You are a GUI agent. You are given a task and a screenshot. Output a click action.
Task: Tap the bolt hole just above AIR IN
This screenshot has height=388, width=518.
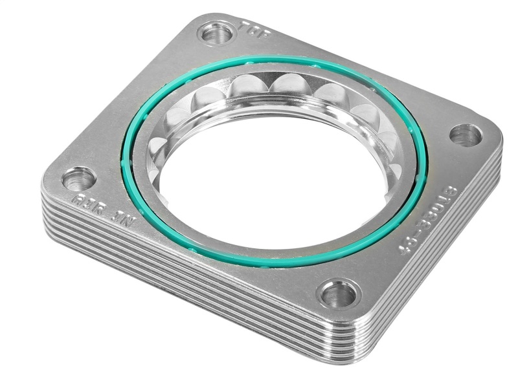tap(79, 178)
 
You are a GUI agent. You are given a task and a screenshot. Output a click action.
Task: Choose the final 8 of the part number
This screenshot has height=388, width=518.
tap(451, 192)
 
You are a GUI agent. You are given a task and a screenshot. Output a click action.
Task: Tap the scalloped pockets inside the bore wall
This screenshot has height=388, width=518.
tap(285, 87)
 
